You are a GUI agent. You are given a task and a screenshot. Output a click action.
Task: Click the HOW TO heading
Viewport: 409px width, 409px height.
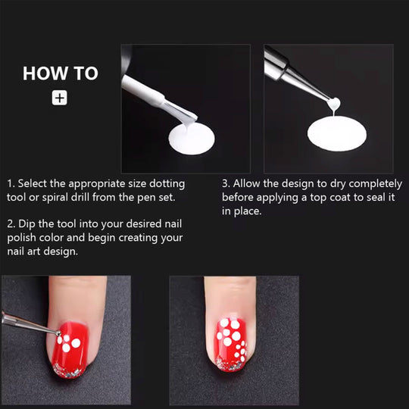pos(61,73)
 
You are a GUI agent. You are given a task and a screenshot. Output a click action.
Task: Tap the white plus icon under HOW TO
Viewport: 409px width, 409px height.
pos(60,98)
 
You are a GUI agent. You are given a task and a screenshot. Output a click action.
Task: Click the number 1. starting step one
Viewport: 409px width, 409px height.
pos(11,184)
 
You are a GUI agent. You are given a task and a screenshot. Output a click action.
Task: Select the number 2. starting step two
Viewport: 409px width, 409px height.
pos(11,223)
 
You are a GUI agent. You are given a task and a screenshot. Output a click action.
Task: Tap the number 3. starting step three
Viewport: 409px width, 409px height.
pos(226,184)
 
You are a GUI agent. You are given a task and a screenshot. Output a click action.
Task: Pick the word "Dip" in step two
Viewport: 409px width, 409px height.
pos(30,223)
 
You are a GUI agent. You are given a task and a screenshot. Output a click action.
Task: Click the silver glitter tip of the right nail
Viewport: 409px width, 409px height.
pos(229,364)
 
